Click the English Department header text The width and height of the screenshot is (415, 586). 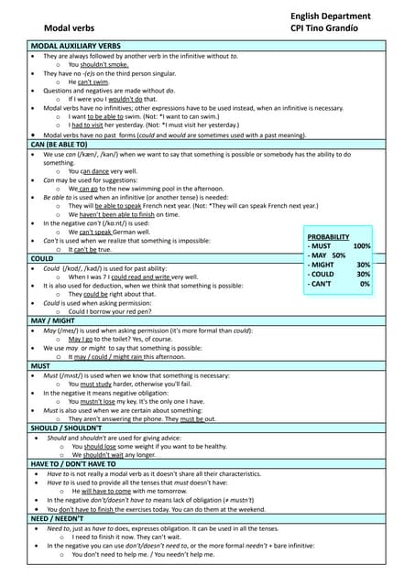point(331,16)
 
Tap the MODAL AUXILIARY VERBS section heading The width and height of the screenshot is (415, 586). point(76,45)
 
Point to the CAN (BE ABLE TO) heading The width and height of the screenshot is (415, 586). point(60,145)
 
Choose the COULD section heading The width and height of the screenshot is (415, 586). point(44,259)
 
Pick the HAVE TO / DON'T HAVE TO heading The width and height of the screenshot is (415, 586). point(81,463)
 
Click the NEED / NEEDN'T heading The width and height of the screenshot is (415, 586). point(63,517)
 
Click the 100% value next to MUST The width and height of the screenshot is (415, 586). point(362,247)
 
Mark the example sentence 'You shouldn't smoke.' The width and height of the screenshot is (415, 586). point(99,65)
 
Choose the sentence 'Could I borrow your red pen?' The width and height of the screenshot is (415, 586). point(115,311)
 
